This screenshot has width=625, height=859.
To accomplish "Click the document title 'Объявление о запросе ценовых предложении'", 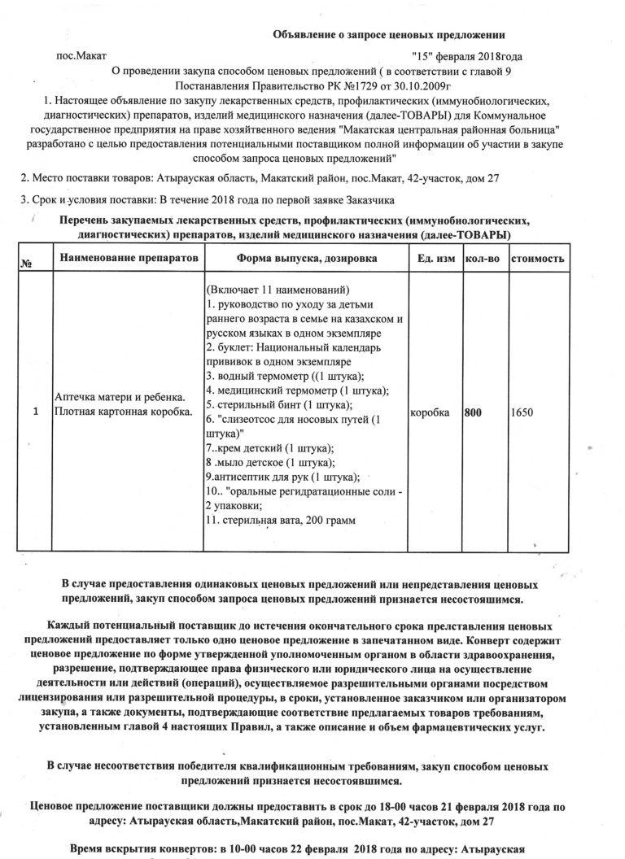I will (x=388, y=35).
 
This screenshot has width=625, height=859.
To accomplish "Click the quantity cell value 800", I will (x=473, y=412).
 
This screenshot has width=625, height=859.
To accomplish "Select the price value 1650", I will (x=522, y=412).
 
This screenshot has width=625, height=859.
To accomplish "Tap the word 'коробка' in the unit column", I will (x=431, y=412).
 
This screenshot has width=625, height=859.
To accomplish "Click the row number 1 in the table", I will (x=35, y=412).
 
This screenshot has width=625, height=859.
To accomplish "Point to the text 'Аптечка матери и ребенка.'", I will (x=119, y=397).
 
